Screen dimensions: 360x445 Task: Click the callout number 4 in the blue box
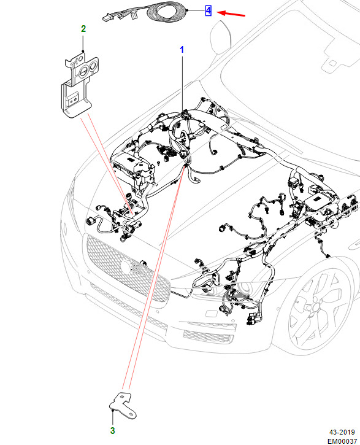click(209, 10)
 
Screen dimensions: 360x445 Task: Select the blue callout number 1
click(182, 50)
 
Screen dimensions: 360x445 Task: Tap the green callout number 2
click(83, 29)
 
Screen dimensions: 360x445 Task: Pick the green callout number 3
click(112, 430)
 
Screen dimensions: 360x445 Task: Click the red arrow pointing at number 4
click(231, 14)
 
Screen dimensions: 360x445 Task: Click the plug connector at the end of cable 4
click(107, 18)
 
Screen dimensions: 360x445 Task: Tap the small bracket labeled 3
click(123, 406)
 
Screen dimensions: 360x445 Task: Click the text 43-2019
click(342, 432)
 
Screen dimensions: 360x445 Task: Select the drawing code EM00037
click(342, 441)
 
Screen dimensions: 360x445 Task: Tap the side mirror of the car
click(220, 37)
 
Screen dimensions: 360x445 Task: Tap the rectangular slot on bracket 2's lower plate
click(72, 99)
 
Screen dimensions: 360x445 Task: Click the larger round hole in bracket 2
click(84, 72)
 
